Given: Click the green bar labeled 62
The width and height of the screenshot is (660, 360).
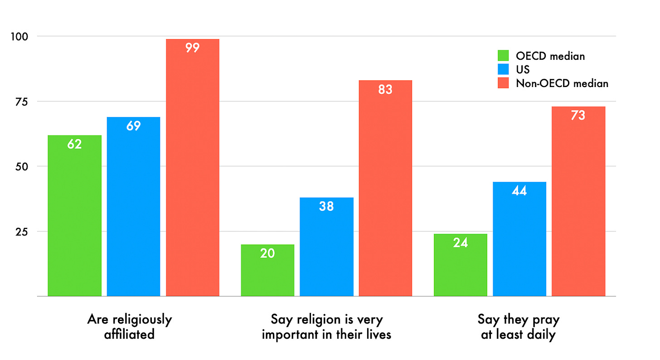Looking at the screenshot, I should click(x=74, y=215).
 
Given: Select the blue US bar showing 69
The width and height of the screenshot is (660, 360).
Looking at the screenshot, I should click(x=133, y=206).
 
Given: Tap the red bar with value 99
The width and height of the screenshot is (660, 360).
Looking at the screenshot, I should click(x=193, y=168).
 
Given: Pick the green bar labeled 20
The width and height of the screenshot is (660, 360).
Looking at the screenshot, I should click(x=267, y=270).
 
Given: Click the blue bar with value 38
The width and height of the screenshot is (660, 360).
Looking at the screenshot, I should click(x=326, y=247).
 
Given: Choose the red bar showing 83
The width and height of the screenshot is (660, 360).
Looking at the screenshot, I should click(x=385, y=188).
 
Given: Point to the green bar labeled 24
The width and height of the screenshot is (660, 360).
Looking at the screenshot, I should click(x=461, y=265).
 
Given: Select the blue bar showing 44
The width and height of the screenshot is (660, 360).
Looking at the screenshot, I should click(x=519, y=239).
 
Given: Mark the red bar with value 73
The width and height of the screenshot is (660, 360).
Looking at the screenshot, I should click(x=578, y=201).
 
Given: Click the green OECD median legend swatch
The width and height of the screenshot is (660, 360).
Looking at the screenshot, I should click(x=504, y=56).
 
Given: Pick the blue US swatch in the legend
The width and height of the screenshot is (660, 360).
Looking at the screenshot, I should click(x=504, y=69).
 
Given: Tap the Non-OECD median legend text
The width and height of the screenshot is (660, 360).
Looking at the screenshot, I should click(x=562, y=83).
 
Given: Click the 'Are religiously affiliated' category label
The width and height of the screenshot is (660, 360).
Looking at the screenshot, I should click(x=129, y=326).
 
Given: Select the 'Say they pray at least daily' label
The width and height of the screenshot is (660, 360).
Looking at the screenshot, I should click(x=519, y=326).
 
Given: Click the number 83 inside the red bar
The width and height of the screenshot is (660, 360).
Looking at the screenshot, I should click(x=385, y=90).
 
